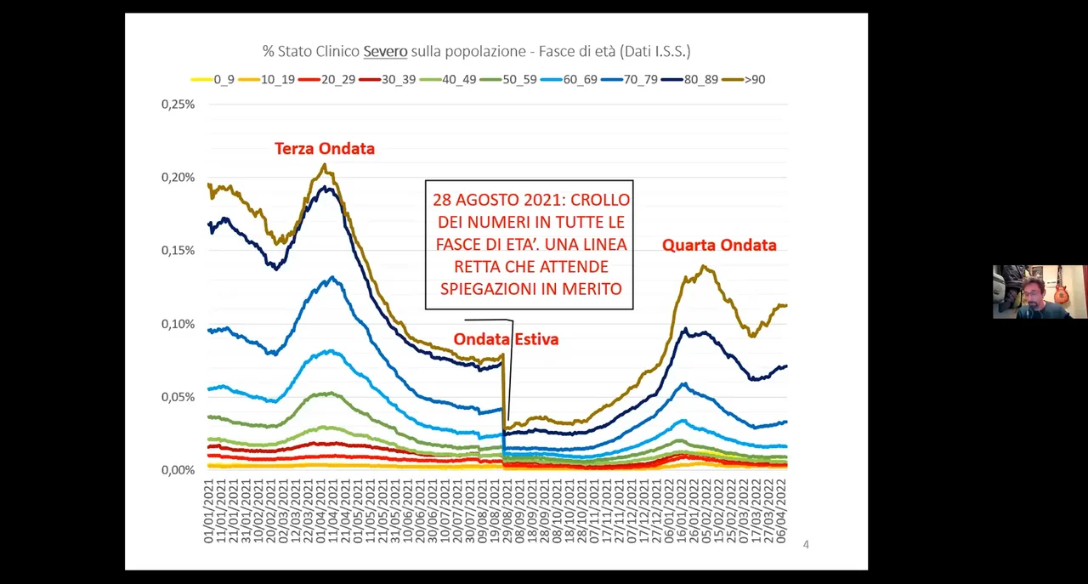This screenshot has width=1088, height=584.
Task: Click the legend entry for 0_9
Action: click(213, 79)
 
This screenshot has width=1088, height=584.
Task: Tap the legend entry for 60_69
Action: click(568, 79)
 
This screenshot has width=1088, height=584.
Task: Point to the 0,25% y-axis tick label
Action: click(178, 104)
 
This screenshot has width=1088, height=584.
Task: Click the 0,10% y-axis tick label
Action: click(178, 324)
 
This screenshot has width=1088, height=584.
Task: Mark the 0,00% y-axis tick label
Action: click(178, 470)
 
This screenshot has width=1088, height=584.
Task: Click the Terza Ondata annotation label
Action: click(324, 149)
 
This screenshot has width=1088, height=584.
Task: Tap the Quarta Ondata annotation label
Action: click(719, 246)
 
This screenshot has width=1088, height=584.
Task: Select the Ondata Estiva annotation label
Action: click(506, 339)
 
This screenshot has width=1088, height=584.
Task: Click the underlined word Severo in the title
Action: click(385, 52)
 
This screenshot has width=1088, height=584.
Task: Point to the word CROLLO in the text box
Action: click(600, 201)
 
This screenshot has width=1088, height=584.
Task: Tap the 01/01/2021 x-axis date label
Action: click(209, 511)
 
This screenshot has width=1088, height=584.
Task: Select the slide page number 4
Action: click(806, 544)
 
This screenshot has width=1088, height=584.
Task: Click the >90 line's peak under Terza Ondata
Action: click(324, 165)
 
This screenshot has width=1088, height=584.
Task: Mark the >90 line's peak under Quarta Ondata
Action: click(704, 267)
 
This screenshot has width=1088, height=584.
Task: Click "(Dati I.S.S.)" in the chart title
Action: click(655, 52)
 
